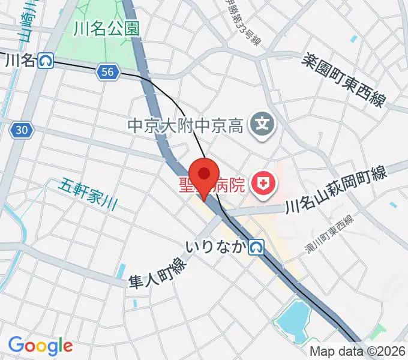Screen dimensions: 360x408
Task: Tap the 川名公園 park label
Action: click(x=107, y=28)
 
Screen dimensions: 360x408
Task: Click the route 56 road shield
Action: click(x=107, y=72)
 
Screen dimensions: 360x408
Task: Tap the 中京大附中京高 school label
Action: click(x=185, y=126)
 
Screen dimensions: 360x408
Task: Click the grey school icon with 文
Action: click(x=262, y=124)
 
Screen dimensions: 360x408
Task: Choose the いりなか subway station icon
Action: click(x=257, y=247)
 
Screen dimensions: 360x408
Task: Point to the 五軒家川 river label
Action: click(x=88, y=195)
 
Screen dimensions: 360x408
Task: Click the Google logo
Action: click(x=40, y=346)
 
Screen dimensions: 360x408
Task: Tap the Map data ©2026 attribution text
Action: click(x=358, y=352)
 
